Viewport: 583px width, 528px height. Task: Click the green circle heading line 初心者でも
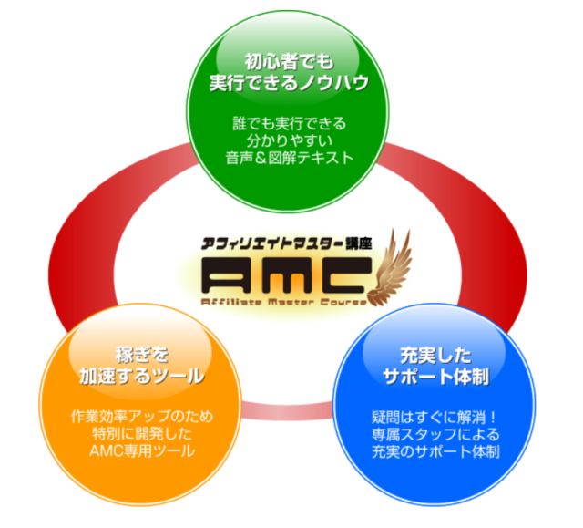click(x=288, y=63)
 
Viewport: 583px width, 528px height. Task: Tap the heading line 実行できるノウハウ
click(x=288, y=85)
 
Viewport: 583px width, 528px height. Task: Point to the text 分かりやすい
click(x=288, y=140)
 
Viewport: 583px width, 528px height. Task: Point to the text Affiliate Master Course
click(x=282, y=300)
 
